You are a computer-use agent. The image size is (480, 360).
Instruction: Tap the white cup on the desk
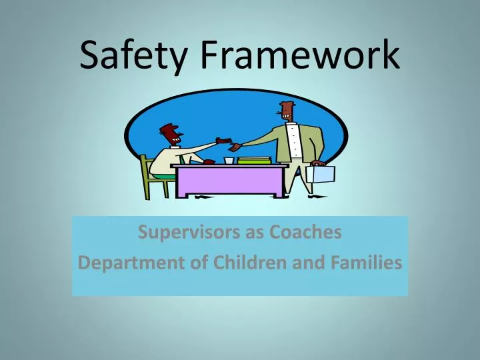(229, 161)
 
